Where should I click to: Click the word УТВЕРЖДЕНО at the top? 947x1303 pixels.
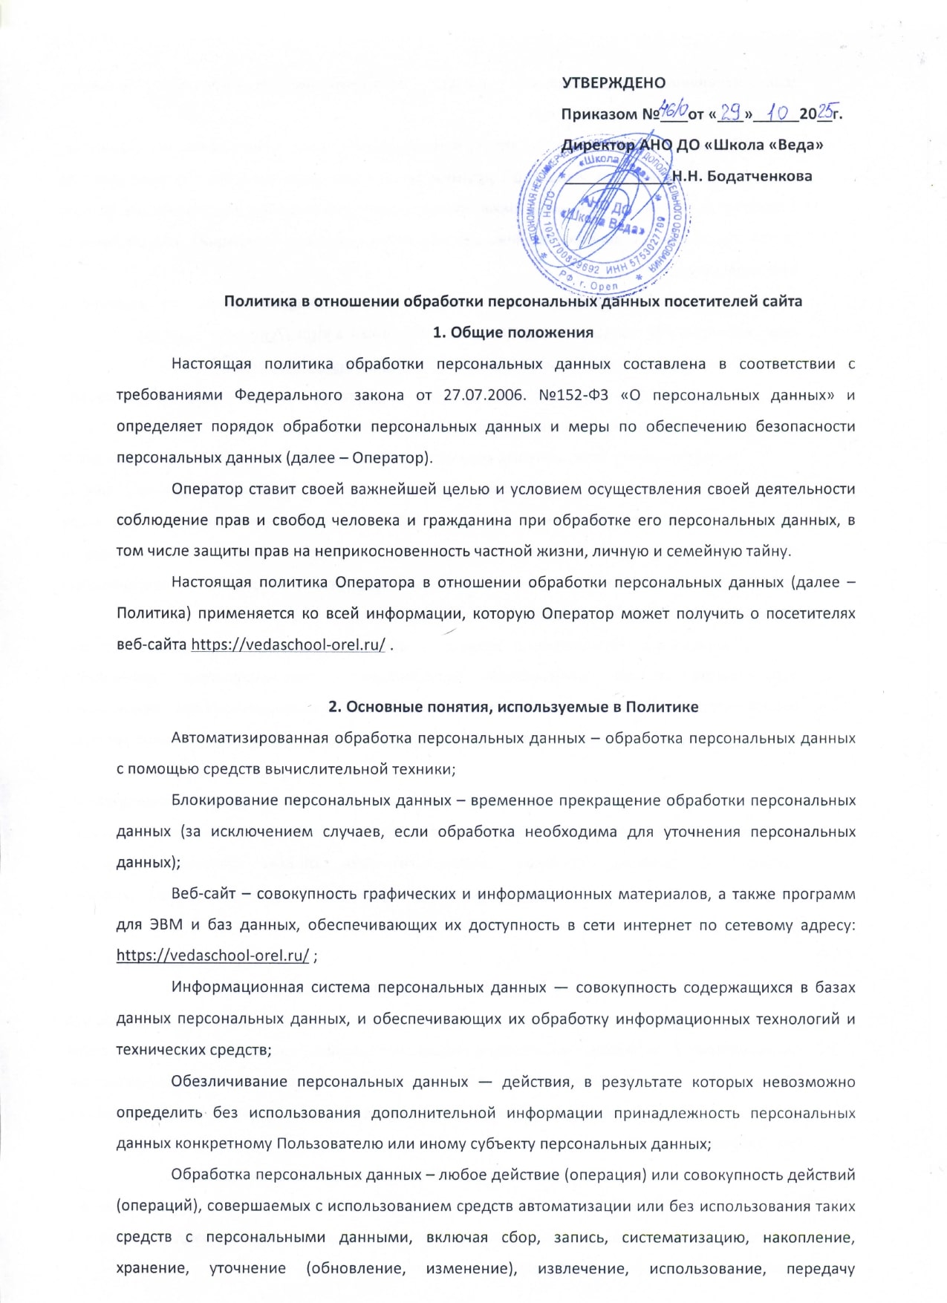click(x=613, y=82)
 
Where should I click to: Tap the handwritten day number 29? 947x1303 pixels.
click(x=732, y=113)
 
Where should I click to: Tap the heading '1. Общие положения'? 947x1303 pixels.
click(x=513, y=332)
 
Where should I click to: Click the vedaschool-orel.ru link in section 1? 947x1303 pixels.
click(x=288, y=644)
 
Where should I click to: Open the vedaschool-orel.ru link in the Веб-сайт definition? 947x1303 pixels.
click(x=212, y=956)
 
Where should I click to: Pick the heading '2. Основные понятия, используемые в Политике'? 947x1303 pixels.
click(x=513, y=707)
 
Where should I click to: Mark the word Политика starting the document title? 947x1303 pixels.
click(x=257, y=301)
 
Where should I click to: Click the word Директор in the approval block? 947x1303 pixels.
click(x=598, y=145)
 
